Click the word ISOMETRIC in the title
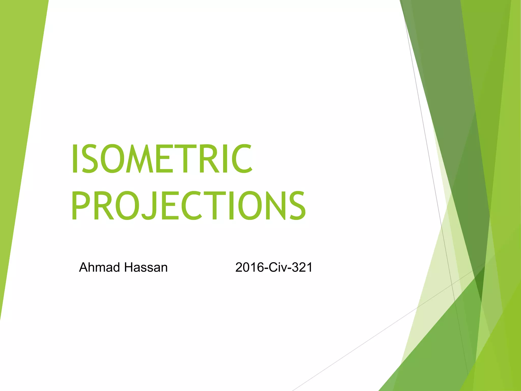[162, 159]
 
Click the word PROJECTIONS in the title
[188, 206]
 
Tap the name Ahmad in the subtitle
[99, 268]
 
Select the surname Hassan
[146, 268]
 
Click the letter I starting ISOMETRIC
[75, 159]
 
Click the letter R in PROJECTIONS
[104, 206]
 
